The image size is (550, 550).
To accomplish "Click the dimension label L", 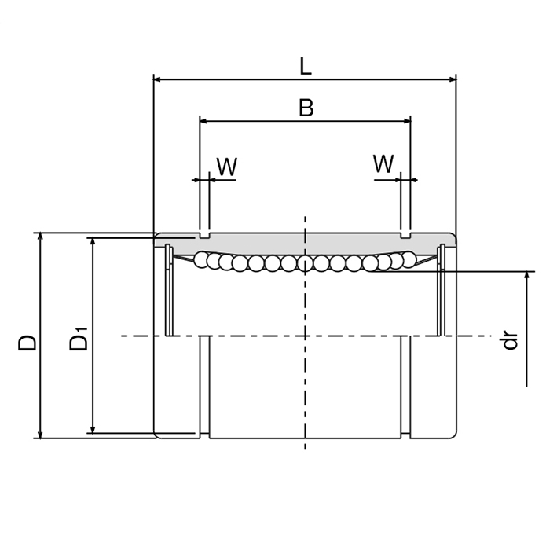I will click(x=305, y=66).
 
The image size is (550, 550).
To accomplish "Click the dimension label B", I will click(x=306, y=108).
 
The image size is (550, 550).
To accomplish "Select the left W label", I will click(x=226, y=166).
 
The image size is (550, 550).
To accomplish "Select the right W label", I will click(x=383, y=164).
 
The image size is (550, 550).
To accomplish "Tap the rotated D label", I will click(x=27, y=343).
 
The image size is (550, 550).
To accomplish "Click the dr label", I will click(x=511, y=339).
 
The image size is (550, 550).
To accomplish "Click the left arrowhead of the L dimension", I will click(x=157, y=79).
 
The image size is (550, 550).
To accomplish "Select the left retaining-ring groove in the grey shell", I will click(x=205, y=234).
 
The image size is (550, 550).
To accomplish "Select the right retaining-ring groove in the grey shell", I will click(x=405, y=234).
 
